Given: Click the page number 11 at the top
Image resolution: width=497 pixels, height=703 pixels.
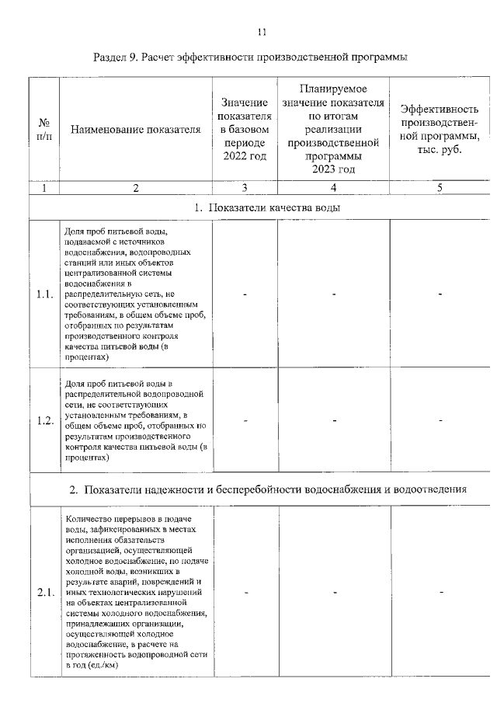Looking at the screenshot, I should [261, 32].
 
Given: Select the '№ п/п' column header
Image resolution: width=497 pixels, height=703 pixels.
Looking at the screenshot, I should [44, 129].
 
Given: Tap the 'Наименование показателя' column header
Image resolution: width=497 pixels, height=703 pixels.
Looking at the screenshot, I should [135, 129].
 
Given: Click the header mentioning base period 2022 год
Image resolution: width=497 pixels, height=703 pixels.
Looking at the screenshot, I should [244, 129].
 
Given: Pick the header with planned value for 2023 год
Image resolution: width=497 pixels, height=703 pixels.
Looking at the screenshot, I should [333, 129].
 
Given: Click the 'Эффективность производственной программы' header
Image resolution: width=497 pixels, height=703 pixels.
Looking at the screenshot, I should [440, 129].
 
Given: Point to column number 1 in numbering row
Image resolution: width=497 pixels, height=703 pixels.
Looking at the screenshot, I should [44, 187].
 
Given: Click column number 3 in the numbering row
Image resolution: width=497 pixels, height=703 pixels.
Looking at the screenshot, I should [244, 187].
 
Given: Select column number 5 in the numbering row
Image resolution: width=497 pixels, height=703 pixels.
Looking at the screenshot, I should [440, 187].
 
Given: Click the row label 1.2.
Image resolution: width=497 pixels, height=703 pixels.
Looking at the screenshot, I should [44, 420].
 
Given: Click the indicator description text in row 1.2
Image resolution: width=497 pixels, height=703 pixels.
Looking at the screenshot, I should [135, 420].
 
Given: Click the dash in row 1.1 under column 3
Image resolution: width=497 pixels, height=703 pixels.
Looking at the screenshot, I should [244, 294].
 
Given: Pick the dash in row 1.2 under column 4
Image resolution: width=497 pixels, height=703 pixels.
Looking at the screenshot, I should [333, 420].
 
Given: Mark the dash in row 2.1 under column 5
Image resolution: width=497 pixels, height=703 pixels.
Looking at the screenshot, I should [440, 593].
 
